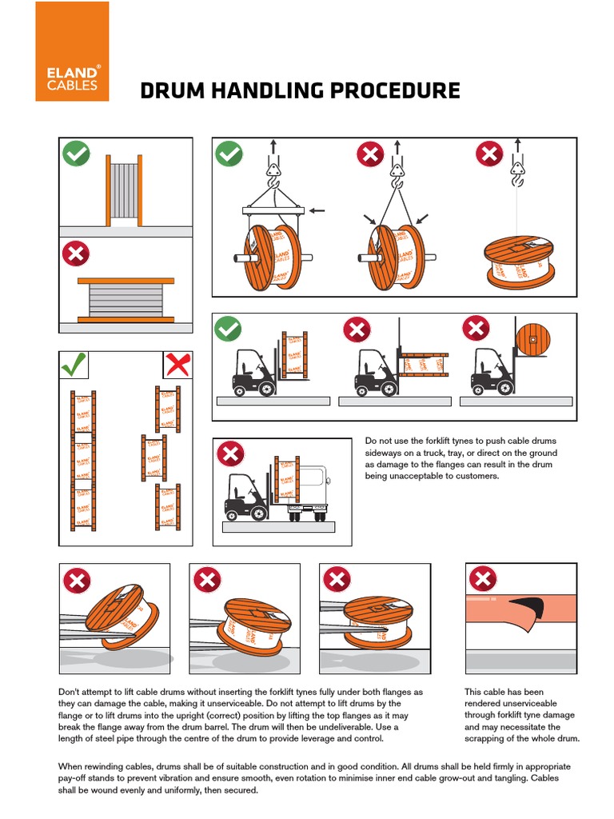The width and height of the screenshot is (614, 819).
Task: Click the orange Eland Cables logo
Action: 72,51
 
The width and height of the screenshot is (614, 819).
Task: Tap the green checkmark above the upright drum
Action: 77,154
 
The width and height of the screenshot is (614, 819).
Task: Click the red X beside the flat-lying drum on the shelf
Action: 77,254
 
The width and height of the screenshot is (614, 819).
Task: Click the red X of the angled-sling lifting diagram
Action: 370,154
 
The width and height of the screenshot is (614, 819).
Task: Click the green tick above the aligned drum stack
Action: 74,366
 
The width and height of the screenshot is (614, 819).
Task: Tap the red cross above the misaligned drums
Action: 177,366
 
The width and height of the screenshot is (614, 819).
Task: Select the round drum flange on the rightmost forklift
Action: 532,340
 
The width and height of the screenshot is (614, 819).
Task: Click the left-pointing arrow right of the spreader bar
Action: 317,210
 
